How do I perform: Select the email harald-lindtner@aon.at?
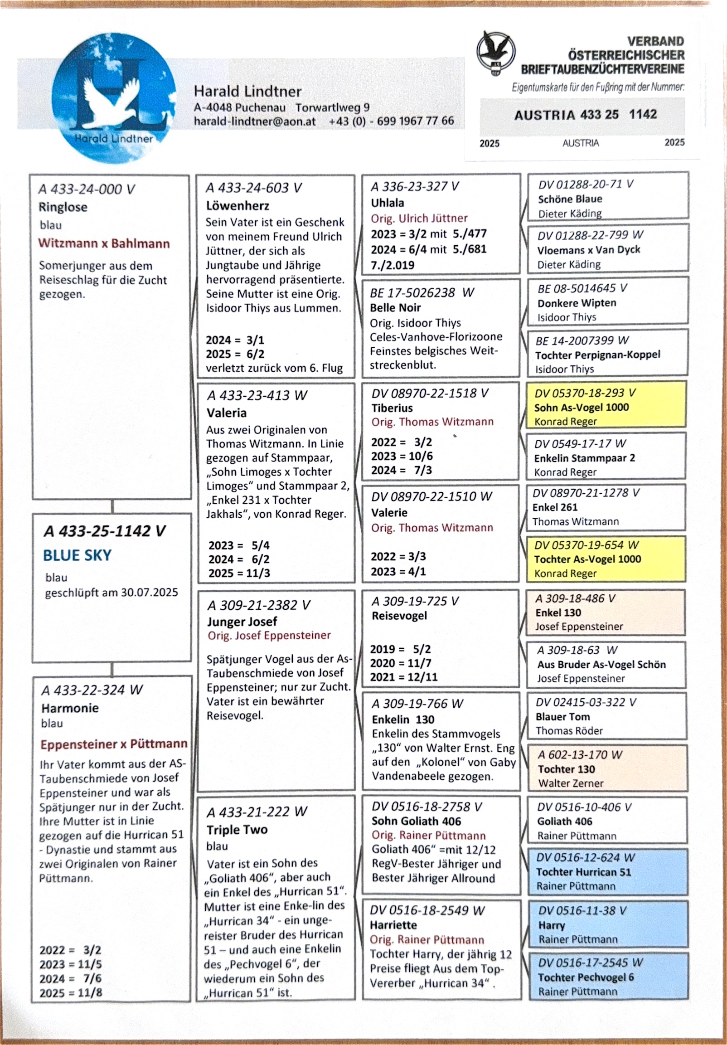point(255,121)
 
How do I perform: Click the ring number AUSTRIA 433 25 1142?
point(585,115)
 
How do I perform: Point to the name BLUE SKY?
point(77,555)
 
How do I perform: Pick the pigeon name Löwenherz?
point(237,206)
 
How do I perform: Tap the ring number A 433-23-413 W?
point(257,395)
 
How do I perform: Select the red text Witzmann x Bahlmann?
point(104,243)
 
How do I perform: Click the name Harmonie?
point(70,708)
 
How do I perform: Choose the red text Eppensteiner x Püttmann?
point(114,744)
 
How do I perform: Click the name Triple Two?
point(237,829)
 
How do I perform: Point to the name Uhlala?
point(387,203)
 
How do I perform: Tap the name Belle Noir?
point(395,308)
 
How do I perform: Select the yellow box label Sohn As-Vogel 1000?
point(582,408)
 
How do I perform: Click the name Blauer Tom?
point(562,716)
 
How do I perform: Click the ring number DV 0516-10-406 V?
point(584,807)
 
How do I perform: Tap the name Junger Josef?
point(242,621)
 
